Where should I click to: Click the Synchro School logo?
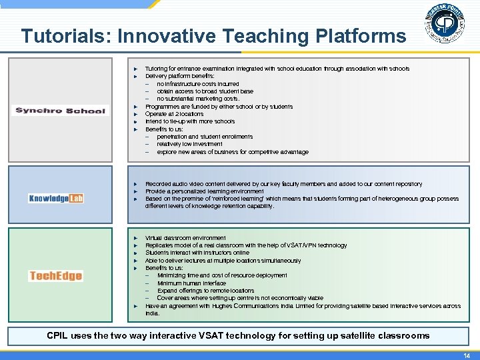click(61, 111)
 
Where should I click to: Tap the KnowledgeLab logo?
click(56, 198)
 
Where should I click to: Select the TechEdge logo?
click(56, 276)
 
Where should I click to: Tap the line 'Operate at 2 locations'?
click(175, 114)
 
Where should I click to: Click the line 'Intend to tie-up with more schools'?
click(190, 121)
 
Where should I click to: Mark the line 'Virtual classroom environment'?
click(185, 238)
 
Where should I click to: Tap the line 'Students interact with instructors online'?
click(197, 253)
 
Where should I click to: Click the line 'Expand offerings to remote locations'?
click(205, 291)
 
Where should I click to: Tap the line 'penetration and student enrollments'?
click(205, 137)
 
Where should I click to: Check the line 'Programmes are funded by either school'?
click(219, 107)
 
